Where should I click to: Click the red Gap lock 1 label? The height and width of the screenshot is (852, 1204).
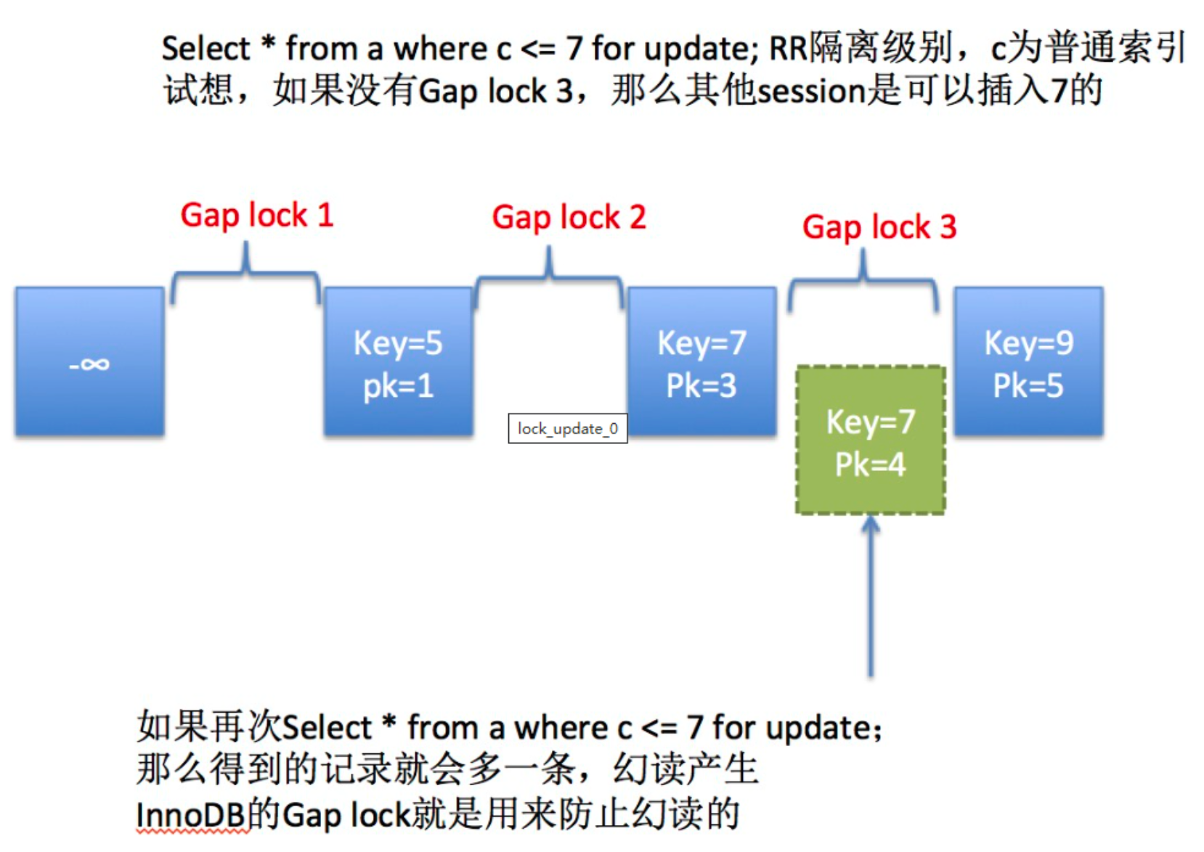click(256, 215)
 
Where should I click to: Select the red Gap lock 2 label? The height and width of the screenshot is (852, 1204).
click(569, 217)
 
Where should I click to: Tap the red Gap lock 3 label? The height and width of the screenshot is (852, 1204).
click(879, 227)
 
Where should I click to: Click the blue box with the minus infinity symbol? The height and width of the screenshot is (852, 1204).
click(89, 361)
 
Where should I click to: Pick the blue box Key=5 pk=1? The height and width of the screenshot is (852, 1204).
click(398, 361)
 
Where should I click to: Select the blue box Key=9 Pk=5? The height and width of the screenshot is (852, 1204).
click(1028, 361)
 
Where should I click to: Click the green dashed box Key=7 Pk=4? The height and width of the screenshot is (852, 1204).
click(870, 441)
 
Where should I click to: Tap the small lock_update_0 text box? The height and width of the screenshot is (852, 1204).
click(567, 429)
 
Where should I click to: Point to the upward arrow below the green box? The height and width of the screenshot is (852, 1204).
click(870, 595)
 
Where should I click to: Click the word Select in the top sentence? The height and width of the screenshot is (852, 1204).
click(206, 49)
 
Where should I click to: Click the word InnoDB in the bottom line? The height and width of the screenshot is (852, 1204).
click(190, 815)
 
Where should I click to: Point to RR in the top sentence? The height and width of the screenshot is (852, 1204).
click(788, 49)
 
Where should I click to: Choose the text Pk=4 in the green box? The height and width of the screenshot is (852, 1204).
click(870, 464)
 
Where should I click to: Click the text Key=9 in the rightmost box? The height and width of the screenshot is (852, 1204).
click(1028, 343)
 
